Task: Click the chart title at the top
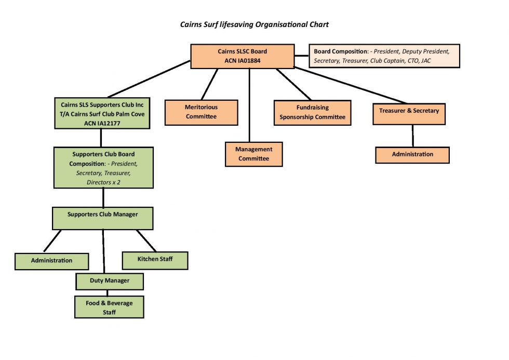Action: point(254,24)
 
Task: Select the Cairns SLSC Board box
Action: point(242,56)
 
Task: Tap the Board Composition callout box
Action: point(386,56)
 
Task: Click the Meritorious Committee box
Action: point(201,112)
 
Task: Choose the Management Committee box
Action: point(253,154)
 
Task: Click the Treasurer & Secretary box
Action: point(409,114)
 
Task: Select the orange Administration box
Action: point(412,154)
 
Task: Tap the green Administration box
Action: point(52,261)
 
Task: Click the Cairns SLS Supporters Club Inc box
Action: point(102,114)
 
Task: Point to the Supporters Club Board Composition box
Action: point(103,168)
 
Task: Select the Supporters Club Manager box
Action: point(103,218)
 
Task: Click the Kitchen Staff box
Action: point(155,260)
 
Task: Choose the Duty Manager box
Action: point(110,281)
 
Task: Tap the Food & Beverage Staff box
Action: point(109,307)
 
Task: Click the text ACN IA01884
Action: point(242,61)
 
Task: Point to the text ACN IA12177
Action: point(102,123)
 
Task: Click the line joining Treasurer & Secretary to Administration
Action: point(412,136)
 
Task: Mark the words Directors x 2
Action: point(103,182)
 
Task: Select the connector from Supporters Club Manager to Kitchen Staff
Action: point(146,241)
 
